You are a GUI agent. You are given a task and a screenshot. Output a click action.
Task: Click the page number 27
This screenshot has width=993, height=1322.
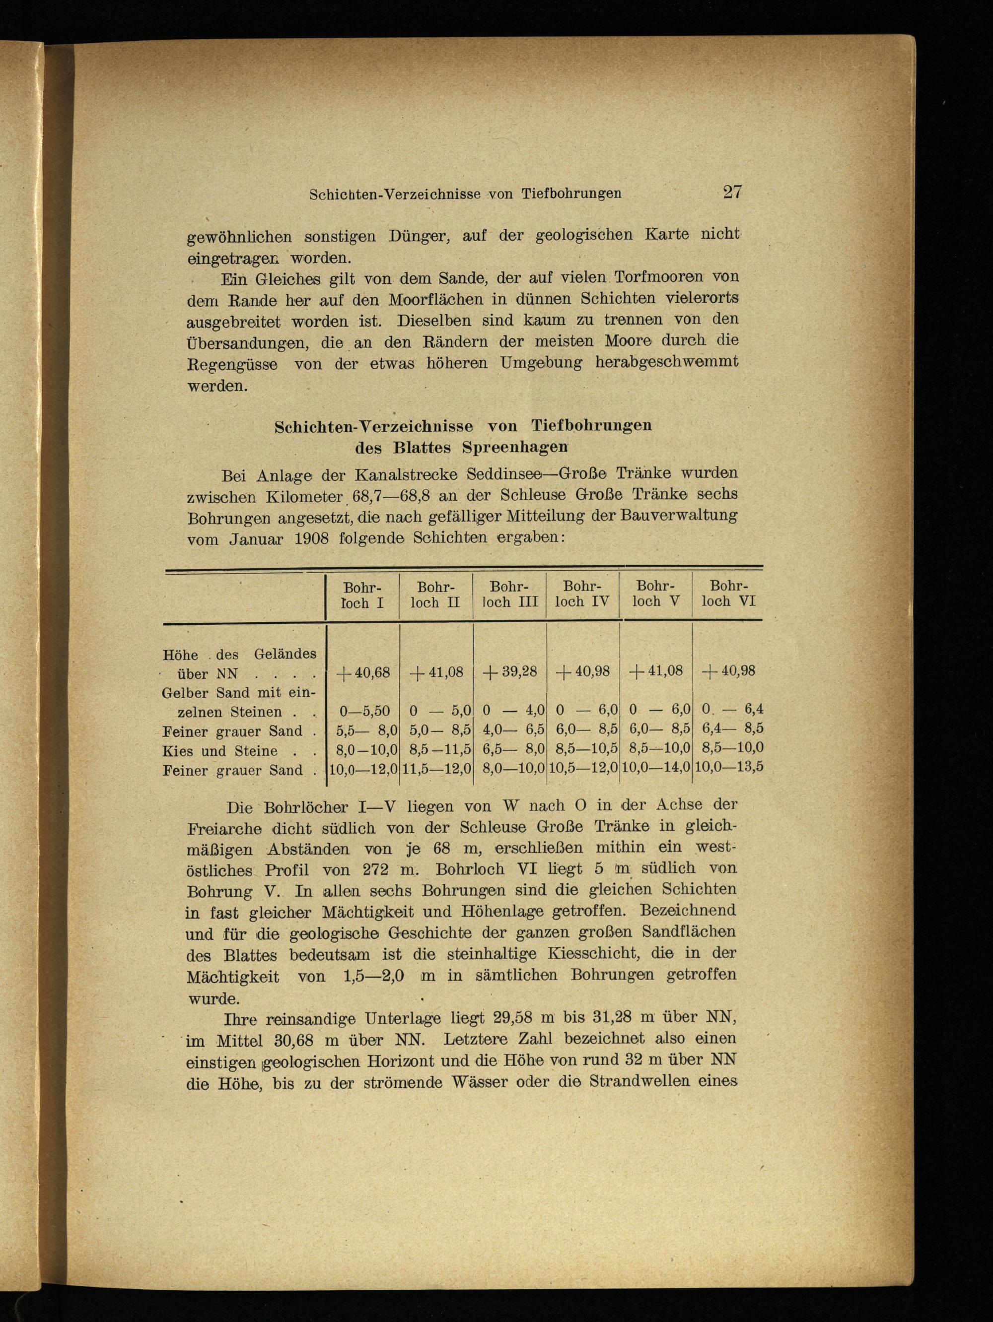(732, 193)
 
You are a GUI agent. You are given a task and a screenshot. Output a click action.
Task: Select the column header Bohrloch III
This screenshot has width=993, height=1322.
(509, 594)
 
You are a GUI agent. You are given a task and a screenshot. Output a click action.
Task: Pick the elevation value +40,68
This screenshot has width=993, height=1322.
(363, 673)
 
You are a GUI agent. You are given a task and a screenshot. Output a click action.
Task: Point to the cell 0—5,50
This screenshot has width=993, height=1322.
(364, 711)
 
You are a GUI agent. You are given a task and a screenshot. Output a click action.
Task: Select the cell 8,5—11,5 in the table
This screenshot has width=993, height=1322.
(436, 749)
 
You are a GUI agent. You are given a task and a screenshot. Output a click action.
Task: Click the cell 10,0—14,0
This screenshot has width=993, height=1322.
(656, 767)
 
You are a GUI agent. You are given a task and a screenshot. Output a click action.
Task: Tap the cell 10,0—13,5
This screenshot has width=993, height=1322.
(729, 767)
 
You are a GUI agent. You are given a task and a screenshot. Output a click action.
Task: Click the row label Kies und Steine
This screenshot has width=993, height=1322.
(220, 751)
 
